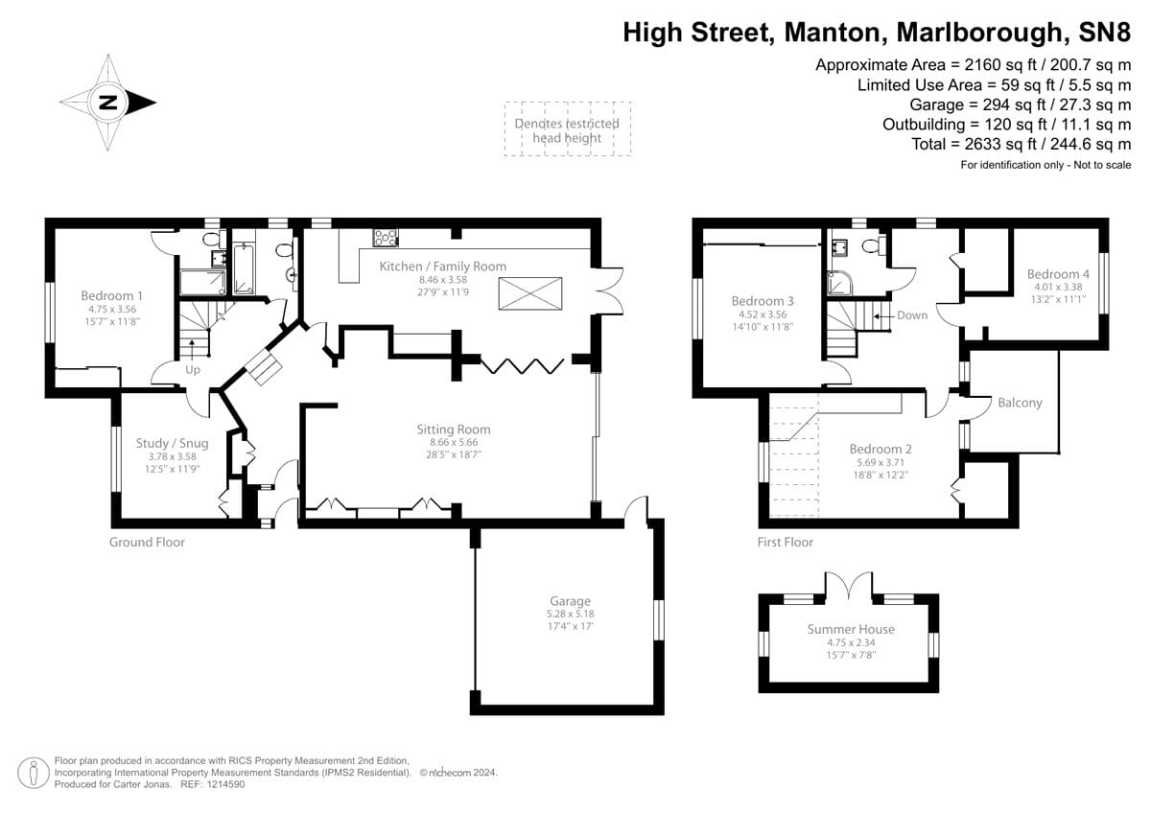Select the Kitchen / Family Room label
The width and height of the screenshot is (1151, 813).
coord(442,266)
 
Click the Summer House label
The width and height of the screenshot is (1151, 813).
coord(850,629)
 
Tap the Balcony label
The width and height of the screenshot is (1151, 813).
coord(1019,403)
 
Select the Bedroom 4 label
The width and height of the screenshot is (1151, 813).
coord(1058,273)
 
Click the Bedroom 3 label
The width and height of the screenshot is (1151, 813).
coord(763,300)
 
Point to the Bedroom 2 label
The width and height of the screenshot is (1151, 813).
coord(881,449)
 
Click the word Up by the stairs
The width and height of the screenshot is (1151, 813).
coord(193,368)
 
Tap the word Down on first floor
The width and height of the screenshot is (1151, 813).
coord(912,315)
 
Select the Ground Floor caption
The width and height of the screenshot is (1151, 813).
coord(147,542)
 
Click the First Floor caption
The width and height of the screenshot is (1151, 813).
coord(784,542)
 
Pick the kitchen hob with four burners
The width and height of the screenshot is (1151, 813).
coord(386,238)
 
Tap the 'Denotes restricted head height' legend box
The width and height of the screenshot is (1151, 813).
coord(567,129)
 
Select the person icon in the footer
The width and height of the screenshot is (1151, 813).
coord(34,772)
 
